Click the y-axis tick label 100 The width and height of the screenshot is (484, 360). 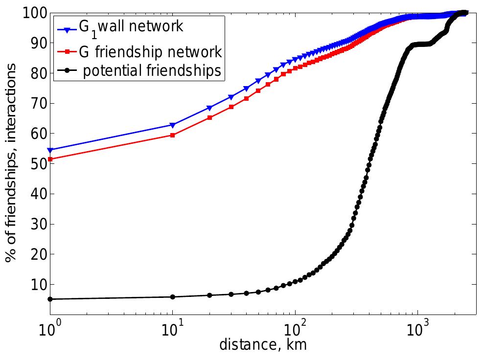[x=33, y=13]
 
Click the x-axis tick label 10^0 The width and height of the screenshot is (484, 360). [x=49, y=328]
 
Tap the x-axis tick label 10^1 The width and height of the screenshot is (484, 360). [x=172, y=328]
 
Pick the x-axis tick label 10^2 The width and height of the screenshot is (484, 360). [x=295, y=328]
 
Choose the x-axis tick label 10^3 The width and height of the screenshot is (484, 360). [x=417, y=328]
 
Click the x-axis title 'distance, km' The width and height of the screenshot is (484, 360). [x=263, y=346]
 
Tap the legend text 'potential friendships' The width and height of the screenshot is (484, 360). [x=152, y=71]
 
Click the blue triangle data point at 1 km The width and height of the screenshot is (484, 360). [x=50, y=150]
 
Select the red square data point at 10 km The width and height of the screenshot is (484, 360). [x=172, y=135]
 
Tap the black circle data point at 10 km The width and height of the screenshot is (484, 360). [x=172, y=297]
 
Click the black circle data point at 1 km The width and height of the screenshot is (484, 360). [x=50, y=299]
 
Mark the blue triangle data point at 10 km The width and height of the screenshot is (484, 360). [x=172, y=125]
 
